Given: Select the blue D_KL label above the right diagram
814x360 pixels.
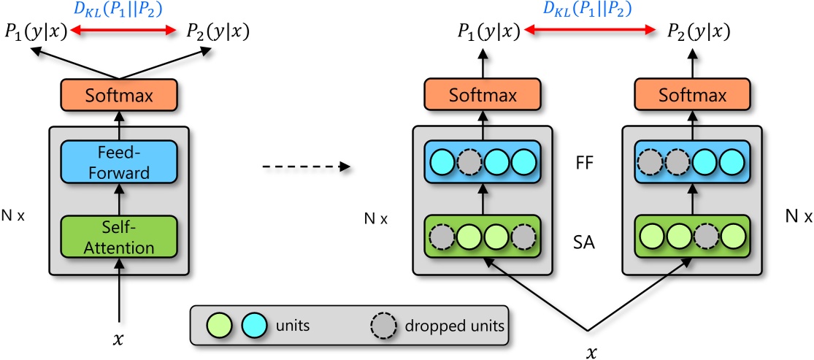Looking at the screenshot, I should point(588,9).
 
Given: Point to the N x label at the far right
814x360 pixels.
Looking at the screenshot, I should point(795,217).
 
